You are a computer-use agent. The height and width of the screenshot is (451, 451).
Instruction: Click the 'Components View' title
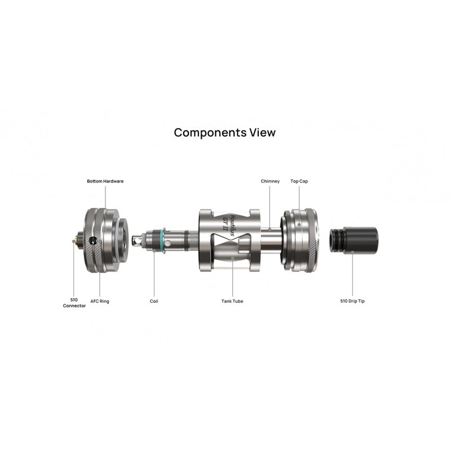click(x=224, y=132)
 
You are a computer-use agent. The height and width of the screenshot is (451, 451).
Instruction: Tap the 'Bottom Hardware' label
click(x=105, y=181)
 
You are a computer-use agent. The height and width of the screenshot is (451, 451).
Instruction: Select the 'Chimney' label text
click(x=270, y=181)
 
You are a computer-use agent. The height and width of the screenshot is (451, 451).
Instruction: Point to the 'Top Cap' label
click(x=299, y=181)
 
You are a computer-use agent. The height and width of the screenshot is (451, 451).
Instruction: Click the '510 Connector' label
click(x=74, y=303)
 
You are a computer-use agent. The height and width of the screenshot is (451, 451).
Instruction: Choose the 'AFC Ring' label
click(x=100, y=301)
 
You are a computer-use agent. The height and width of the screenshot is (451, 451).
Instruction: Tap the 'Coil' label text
click(x=154, y=301)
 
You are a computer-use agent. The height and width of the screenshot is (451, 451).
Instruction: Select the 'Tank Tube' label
click(x=232, y=301)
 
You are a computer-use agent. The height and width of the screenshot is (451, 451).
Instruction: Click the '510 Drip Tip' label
click(x=352, y=301)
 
